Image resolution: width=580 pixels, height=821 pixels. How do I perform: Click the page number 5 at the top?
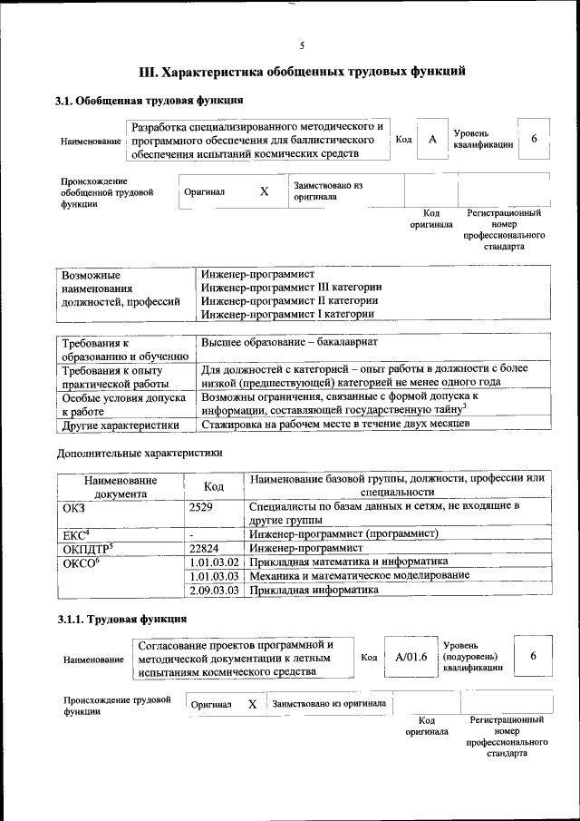click(302, 45)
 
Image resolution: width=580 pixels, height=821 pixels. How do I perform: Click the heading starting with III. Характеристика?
click(302, 72)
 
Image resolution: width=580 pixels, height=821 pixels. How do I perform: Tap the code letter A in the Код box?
click(433, 139)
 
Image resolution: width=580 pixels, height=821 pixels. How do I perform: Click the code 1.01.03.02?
click(215, 562)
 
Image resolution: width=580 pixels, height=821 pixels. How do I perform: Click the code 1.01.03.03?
click(215, 576)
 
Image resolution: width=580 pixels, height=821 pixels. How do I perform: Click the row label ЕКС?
click(74, 534)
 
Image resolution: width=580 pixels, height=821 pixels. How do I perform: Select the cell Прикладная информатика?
click(314, 590)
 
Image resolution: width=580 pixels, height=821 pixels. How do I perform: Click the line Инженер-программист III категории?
click(291, 287)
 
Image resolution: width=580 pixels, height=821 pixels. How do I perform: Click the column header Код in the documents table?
click(214, 486)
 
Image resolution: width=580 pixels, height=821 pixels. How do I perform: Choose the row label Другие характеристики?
click(115, 424)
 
